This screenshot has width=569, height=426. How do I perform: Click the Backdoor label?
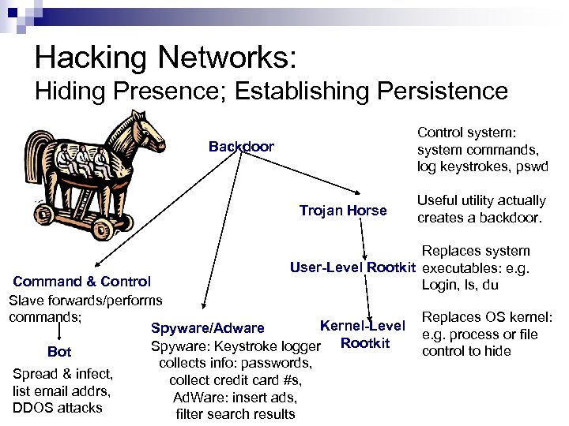point(241,147)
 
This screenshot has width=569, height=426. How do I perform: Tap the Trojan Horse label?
point(343,211)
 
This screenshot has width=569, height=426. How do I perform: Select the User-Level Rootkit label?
point(352,267)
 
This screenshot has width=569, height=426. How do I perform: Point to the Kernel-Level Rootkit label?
point(363,334)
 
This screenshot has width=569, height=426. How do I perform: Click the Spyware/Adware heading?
point(207,328)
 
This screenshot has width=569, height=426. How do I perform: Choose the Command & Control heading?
point(82,282)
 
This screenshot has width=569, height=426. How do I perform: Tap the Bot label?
point(59,352)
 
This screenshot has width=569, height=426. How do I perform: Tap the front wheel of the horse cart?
point(102,229)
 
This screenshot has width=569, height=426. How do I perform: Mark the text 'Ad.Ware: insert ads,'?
point(235,397)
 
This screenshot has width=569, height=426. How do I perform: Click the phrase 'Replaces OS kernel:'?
point(488,318)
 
